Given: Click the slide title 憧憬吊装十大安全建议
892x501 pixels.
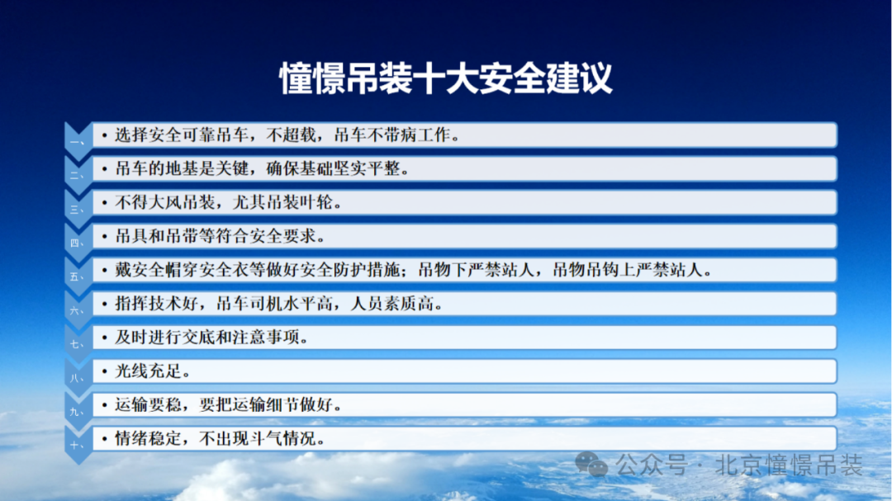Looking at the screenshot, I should click(446, 78).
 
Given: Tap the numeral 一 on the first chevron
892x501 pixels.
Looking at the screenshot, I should click(77, 143).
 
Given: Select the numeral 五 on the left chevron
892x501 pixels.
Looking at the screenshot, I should click(77, 277).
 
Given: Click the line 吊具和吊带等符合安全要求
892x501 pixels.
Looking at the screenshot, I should click(220, 237).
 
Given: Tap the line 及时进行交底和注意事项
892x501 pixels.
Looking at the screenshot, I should click(211, 338).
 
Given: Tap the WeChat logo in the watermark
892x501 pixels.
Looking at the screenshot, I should click(591, 465).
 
